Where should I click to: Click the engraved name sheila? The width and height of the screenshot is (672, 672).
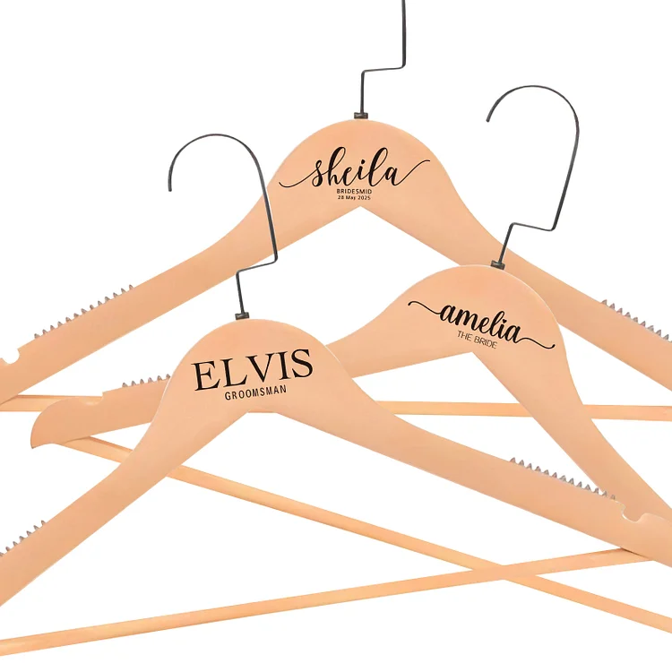click(355, 170)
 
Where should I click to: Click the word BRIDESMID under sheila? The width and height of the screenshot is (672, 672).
click(355, 191)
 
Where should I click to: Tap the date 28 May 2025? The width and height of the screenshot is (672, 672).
click(355, 198)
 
